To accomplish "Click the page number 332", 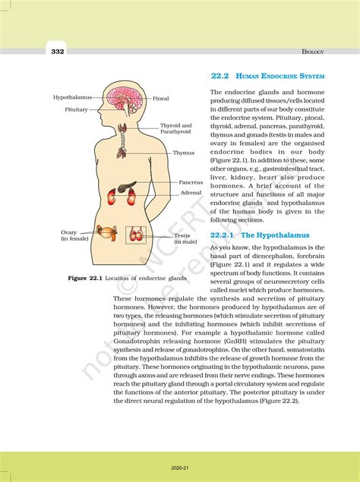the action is pos(58,52).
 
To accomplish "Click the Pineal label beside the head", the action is pos(161,99).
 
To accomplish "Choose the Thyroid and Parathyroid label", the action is pos(175,128).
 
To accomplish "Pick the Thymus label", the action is pos(183,153).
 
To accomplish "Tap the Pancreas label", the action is pos(191,182).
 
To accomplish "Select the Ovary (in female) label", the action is pos(74,235).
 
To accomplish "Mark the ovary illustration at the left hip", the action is pos(110,232).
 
